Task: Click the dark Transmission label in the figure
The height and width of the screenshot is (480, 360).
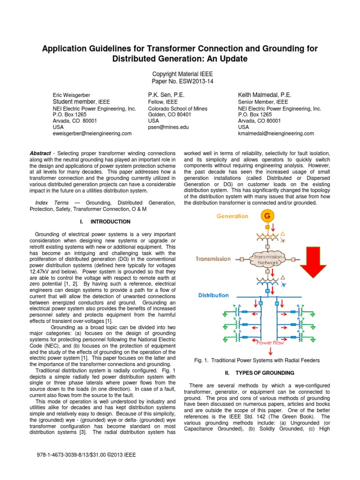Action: (213, 258)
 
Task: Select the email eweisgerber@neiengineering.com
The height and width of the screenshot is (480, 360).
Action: (92, 133)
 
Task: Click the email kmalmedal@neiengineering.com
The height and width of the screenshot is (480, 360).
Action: (276, 133)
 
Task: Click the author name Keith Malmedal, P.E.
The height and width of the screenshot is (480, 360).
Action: (264, 95)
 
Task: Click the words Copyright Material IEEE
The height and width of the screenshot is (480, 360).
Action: (180, 74)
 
